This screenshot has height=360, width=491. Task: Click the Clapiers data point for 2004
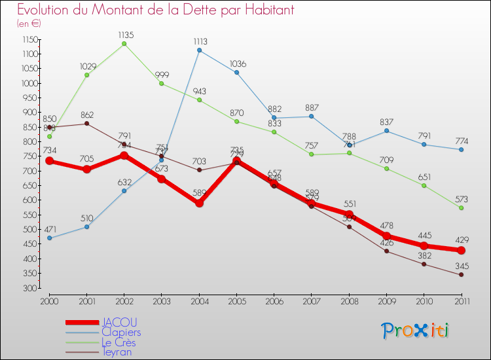(x=199, y=50)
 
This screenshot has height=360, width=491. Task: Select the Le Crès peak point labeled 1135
(x=124, y=44)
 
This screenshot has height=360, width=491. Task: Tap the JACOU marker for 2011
(x=461, y=250)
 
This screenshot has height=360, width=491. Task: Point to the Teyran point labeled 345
(x=461, y=275)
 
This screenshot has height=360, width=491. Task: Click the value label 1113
(x=200, y=41)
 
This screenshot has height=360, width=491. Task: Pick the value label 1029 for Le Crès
(x=87, y=65)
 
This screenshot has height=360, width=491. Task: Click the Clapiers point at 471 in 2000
(x=49, y=238)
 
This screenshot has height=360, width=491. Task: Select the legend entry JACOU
(x=119, y=323)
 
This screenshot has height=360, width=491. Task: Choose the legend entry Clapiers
(x=121, y=333)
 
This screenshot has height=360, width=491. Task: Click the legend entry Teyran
(x=118, y=352)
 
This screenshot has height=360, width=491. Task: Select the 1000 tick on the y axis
(x=29, y=83)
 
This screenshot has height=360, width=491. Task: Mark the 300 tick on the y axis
(x=31, y=288)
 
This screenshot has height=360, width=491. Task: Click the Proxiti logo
(x=416, y=331)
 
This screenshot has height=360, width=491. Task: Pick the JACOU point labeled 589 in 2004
(x=199, y=203)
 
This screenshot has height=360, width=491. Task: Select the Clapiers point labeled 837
(x=386, y=131)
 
